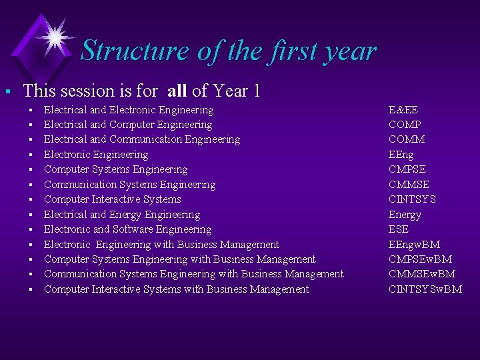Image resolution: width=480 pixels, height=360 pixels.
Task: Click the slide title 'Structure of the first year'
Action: pyautogui.click(x=228, y=51)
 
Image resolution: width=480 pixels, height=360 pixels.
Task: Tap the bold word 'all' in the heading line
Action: pyautogui.click(x=177, y=91)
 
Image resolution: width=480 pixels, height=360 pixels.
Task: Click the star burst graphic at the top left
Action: pyautogui.click(x=55, y=36)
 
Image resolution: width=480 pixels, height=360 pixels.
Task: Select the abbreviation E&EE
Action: pyautogui.click(x=403, y=110)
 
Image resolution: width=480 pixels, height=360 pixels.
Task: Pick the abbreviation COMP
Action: pyautogui.click(x=405, y=125)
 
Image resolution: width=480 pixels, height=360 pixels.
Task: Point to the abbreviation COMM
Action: pyautogui.click(x=406, y=139)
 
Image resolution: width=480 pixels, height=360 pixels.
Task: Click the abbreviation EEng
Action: pyautogui.click(x=402, y=155)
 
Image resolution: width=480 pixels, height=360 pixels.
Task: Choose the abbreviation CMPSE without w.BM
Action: pyautogui.click(x=407, y=169)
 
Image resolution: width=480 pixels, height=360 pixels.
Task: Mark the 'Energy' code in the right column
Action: pyautogui.click(x=405, y=215)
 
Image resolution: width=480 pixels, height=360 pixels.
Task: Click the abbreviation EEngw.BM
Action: pyautogui.click(x=414, y=245)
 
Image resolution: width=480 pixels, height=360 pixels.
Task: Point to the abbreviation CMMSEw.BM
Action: pyautogui.click(x=422, y=274)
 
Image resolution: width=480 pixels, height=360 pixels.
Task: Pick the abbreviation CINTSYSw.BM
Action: pyautogui.click(x=425, y=289)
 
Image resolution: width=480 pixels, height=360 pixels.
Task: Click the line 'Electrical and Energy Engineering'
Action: pyautogui.click(x=122, y=215)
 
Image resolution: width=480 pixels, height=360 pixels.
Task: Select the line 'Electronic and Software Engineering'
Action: pyautogui.click(x=127, y=229)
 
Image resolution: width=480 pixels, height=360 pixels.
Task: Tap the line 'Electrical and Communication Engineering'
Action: pyautogui.click(x=142, y=139)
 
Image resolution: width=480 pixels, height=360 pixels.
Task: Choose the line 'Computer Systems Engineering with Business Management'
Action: pyautogui.click(x=180, y=259)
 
